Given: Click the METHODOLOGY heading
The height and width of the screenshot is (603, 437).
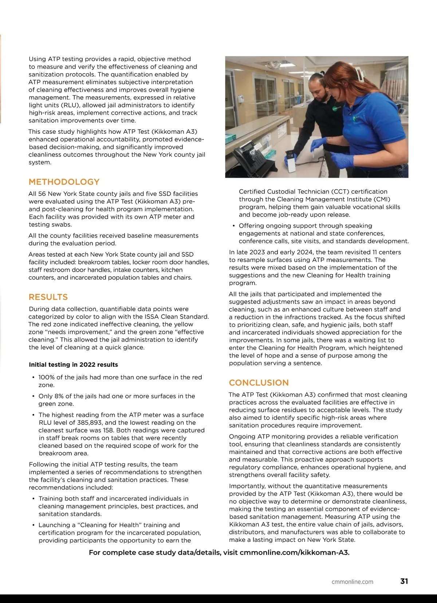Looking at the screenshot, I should click(x=64, y=182).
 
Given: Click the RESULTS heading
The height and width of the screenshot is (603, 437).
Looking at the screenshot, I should click(x=48, y=297).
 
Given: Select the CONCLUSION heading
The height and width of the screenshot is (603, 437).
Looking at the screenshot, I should click(x=259, y=382).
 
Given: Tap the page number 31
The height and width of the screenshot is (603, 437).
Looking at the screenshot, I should click(x=404, y=581).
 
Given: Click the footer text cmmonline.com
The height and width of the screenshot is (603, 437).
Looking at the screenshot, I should click(x=352, y=582).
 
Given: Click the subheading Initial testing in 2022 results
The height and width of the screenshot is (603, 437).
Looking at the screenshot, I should click(x=73, y=364).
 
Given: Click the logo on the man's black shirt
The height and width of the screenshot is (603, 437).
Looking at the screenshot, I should click(x=336, y=108).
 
